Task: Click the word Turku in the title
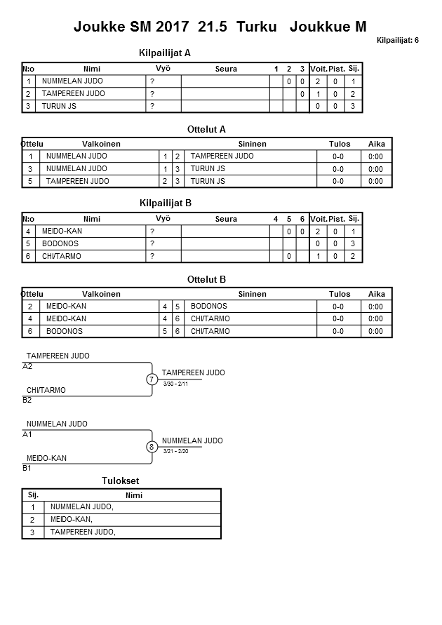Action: (257, 27)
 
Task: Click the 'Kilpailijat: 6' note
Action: (397, 41)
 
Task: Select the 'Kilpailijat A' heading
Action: (165, 53)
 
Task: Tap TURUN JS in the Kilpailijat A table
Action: (60, 106)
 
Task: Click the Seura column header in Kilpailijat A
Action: (225, 69)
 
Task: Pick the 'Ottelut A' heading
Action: (206, 129)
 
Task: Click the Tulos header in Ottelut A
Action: (340, 144)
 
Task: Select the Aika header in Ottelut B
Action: (377, 294)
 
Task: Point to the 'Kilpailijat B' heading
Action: (166, 203)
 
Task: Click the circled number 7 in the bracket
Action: (152, 379)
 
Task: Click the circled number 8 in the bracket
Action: (152, 447)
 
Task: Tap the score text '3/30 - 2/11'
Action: (175, 384)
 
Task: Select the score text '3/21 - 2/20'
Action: (175, 451)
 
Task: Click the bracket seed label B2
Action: (27, 401)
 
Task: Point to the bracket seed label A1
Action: (27, 434)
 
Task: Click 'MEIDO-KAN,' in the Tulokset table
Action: (72, 519)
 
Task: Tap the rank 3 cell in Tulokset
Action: (32, 532)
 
